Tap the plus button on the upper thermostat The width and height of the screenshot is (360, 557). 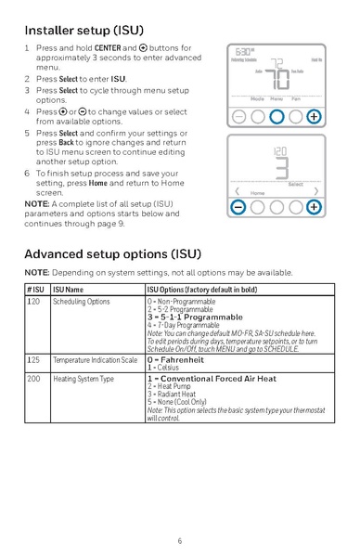[314, 117]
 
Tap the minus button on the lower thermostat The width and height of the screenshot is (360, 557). [238, 206]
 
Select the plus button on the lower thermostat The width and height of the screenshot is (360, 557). [314, 206]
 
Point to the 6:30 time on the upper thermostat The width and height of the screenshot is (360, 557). [244, 52]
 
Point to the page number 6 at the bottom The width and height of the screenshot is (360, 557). [180, 539]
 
